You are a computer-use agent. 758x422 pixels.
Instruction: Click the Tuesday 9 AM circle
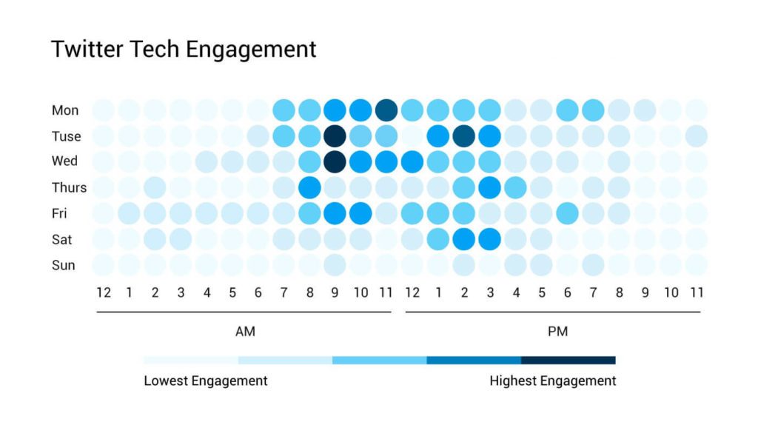coord(335,136)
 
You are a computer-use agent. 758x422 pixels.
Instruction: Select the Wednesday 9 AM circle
coord(335,161)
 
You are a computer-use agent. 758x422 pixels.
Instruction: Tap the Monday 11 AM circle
coord(386,110)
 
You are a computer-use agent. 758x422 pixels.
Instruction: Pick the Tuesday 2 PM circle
coord(464,136)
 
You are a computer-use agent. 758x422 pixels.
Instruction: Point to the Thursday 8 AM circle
coord(309,187)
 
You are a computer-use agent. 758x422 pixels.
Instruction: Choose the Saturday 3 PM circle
coord(490,239)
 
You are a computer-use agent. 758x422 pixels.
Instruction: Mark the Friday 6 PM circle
coord(567,213)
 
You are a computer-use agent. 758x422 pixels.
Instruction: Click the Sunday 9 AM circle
coord(335,264)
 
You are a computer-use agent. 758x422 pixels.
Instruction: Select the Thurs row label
coord(69,187)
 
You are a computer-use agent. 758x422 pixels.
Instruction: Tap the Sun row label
coord(63,264)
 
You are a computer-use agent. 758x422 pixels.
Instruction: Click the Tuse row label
coord(66,136)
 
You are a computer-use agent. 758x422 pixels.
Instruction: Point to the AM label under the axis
coord(245,332)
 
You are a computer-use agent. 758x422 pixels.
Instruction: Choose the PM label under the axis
coord(557,332)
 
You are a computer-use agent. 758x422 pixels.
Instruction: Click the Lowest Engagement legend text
coord(206,381)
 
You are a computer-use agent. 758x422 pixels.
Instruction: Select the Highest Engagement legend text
coord(552,381)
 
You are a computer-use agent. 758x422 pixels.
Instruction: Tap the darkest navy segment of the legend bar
coord(568,361)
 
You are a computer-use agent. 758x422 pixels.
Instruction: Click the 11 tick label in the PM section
coord(696,292)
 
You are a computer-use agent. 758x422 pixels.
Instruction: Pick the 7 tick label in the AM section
coord(284,292)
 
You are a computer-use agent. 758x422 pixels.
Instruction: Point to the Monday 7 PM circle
coord(593,110)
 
